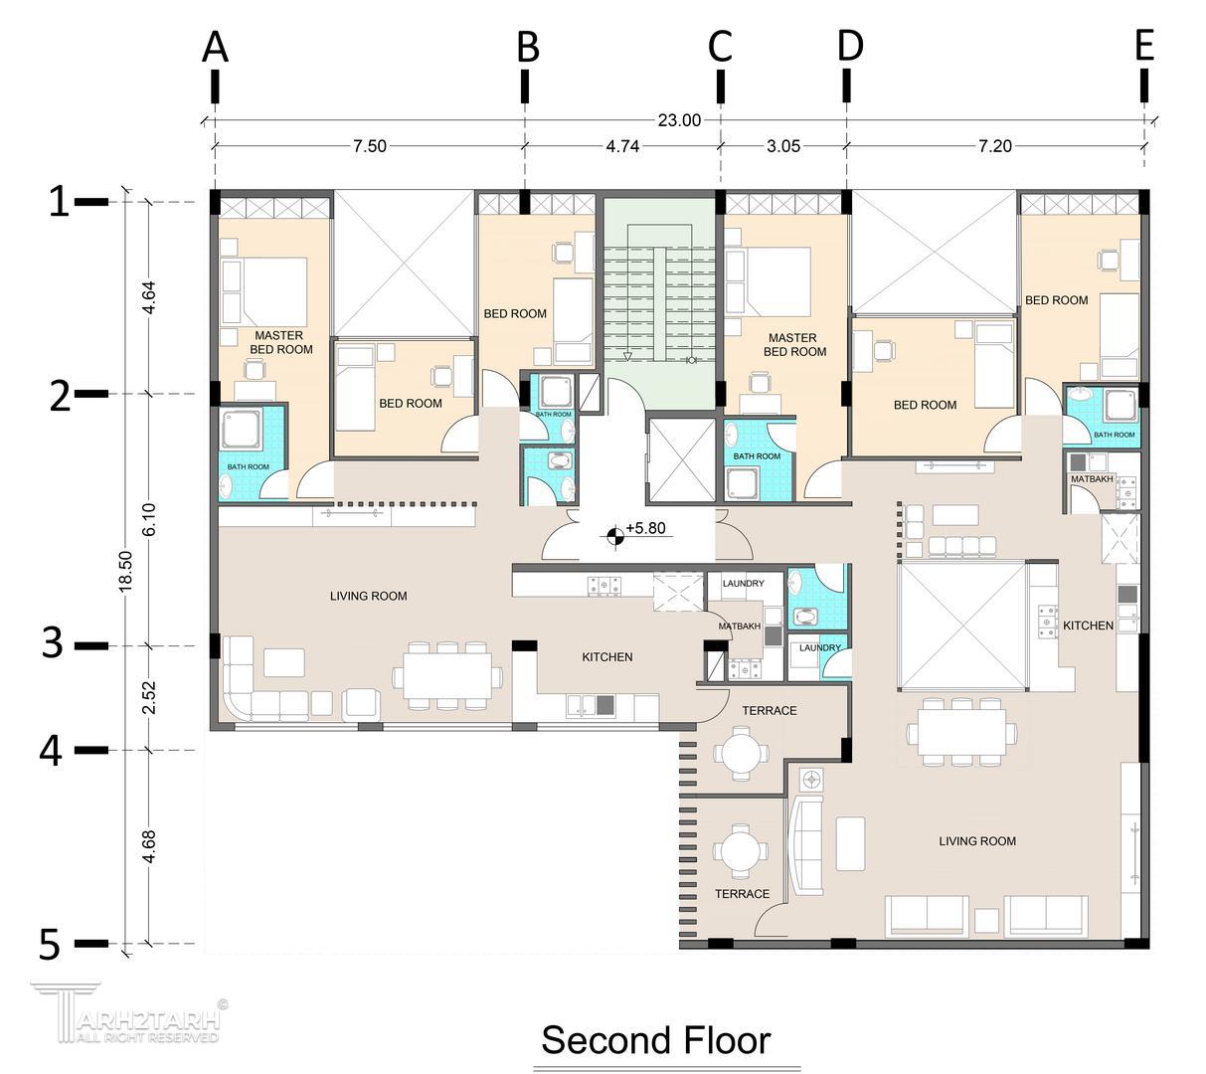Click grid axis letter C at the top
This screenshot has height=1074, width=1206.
[720, 47]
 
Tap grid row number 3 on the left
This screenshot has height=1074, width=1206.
[53, 643]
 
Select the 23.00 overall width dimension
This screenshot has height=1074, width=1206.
[679, 120]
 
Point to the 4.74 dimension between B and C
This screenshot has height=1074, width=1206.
[622, 146]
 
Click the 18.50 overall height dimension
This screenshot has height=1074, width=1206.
[125, 572]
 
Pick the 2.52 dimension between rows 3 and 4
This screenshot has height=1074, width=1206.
[149, 697]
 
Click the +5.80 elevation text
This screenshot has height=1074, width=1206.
[645, 528]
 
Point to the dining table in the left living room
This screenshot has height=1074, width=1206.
[447, 675]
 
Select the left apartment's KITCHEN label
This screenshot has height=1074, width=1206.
[606, 656]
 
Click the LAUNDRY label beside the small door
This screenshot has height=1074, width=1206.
[819, 647]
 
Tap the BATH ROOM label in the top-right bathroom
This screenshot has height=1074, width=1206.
[1114, 435]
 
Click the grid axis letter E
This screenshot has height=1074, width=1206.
[1144, 46]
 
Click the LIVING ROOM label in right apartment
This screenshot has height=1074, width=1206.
[976, 840]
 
